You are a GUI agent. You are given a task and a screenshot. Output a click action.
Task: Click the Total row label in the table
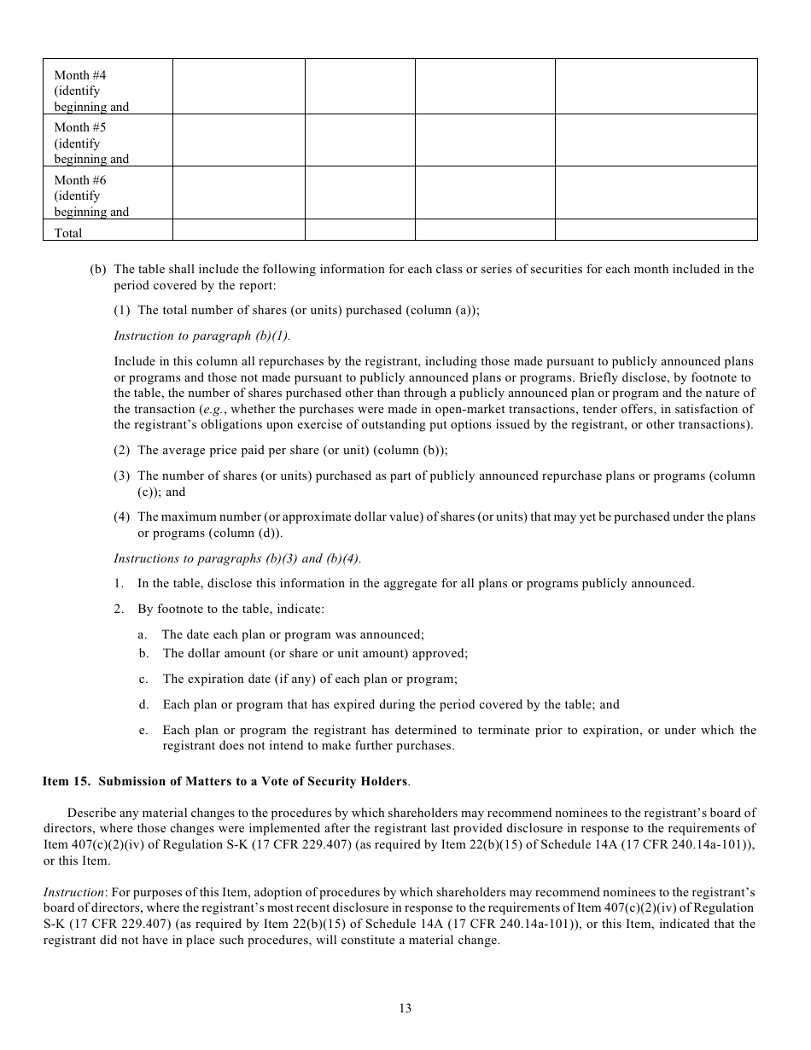[68, 232]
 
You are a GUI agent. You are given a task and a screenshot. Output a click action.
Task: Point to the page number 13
[405, 1008]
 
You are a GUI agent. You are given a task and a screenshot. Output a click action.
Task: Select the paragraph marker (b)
[98, 269]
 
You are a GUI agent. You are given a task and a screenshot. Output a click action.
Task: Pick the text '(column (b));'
[410, 450]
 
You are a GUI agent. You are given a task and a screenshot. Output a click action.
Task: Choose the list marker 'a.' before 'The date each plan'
[143, 634]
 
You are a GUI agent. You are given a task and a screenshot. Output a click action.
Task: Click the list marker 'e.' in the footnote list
[143, 730]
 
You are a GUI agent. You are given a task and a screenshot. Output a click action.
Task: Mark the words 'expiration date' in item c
[225, 679]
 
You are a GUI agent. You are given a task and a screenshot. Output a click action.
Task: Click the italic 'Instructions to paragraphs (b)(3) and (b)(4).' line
[237, 558]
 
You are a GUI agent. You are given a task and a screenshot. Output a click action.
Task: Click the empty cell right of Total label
[238, 230]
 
